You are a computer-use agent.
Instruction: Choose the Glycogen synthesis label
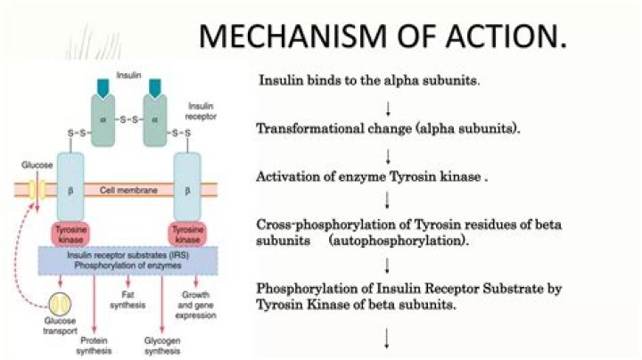click(163, 345)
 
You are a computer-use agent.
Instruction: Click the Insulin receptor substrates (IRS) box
click(130, 259)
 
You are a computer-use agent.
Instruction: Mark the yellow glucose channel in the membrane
click(37, 189)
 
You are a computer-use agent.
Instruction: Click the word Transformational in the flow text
click(312, 128)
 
